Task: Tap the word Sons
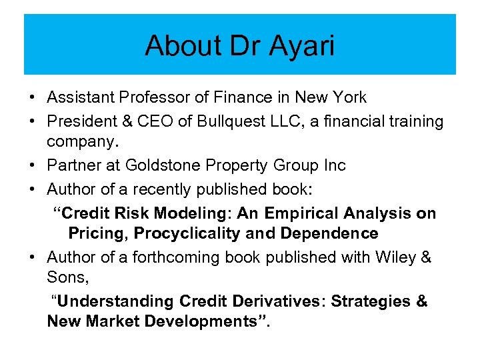(x=67, y=277)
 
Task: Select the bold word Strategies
(x=372, y=301)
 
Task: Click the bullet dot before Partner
(x=32, y=165)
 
